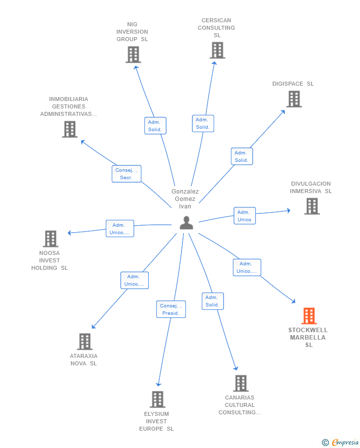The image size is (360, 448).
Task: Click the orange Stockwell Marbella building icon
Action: pos(309,316)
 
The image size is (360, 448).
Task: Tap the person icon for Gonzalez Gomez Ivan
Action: pos(186,223)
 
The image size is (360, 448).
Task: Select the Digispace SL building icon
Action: pos(294,99)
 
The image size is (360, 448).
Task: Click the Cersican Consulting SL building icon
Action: pos(218,50)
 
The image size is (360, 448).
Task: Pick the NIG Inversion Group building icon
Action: pos(134,54)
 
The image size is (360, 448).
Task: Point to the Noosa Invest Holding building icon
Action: pos(50,239)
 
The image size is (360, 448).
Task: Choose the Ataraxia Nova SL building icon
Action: pos(85,342)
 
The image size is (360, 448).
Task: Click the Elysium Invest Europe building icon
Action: pos(158,399)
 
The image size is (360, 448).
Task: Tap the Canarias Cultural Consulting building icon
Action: pos(241,383)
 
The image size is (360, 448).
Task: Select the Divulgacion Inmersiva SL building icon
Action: pos(312,206)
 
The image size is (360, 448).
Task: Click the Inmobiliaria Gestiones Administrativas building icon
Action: pos(70,129)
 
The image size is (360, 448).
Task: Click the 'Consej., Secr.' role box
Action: pos(127,174)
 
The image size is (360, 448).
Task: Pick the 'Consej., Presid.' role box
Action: pos(171,309)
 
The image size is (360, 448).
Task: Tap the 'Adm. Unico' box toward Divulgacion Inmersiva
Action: pos(245,216)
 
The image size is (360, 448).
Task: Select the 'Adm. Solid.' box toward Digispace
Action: pos(242,156)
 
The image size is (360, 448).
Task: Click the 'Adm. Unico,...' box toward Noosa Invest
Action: pos(120,229)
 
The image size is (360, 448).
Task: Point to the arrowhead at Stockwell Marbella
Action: pos(293,301)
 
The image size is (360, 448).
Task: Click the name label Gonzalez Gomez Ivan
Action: pos(185,199)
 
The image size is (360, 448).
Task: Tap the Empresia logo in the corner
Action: pos(340,442)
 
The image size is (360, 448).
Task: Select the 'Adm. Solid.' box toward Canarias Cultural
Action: pos(213,301)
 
